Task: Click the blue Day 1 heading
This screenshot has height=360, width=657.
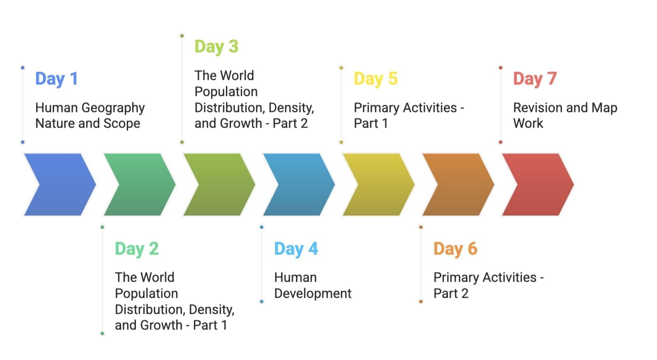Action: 57,79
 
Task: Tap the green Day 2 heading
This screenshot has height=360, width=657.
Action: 137,249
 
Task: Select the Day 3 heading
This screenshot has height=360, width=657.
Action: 217,47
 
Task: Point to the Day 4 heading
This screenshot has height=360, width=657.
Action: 296,249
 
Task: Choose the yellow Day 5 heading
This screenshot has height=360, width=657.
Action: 376,79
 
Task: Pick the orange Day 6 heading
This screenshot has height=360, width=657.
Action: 456,249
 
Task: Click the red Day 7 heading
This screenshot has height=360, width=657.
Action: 535,79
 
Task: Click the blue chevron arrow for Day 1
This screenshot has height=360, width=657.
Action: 60,185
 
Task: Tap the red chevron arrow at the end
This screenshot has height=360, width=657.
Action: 538,185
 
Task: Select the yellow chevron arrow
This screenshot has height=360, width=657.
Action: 379,185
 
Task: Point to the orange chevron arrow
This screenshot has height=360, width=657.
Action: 458,185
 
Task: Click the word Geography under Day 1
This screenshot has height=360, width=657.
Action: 113,108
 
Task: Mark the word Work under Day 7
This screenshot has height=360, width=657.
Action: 528,124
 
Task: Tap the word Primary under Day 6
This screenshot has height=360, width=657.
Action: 456,278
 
